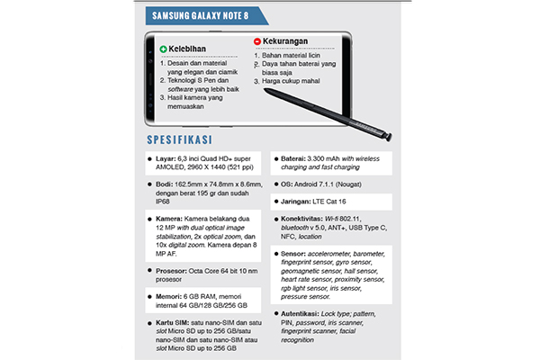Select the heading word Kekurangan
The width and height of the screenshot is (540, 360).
coord(293,42)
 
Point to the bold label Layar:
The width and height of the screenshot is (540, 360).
coord(169,159)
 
